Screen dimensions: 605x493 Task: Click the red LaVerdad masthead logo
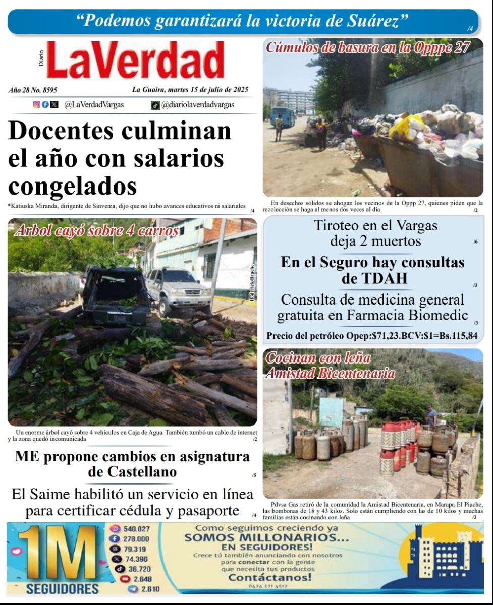coord(135,61)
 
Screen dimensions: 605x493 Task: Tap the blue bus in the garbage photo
coord(282,117)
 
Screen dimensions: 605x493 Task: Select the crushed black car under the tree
coord(115,296)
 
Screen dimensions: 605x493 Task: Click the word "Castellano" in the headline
coord(132,472)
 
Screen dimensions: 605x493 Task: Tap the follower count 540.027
coord(136,529)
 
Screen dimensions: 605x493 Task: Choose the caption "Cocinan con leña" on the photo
coord(318,358)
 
